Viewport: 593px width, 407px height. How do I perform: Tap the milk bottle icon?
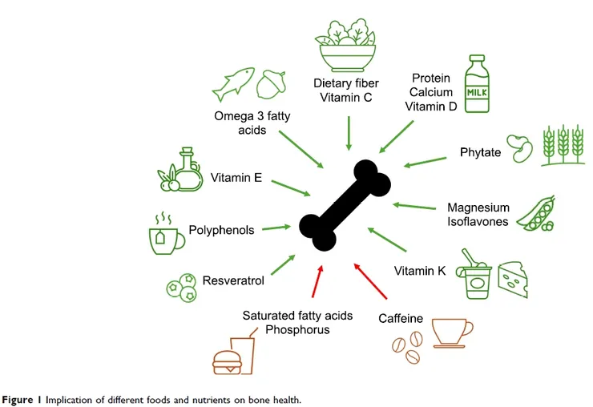478,85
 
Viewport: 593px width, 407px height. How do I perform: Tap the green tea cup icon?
163,234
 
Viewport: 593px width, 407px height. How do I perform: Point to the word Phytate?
481,152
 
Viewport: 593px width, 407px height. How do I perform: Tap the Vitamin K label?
420,271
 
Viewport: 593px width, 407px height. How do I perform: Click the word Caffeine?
401,319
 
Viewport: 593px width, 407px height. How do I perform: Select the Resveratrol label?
233,280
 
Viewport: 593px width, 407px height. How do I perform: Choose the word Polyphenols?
221,230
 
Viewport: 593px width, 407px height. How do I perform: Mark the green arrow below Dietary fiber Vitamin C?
349,132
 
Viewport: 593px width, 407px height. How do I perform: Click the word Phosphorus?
297,329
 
